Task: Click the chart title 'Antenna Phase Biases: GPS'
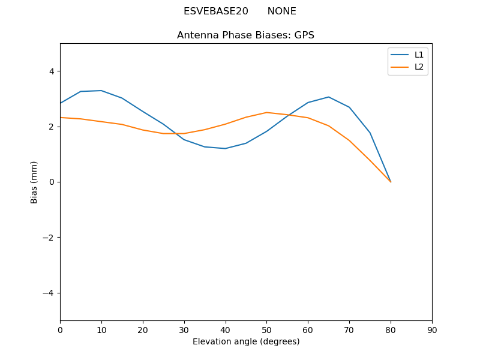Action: [245, 35]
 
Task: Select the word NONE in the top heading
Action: [281, 11]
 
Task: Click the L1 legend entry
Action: [419, 55]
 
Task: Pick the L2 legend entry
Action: [419, 67]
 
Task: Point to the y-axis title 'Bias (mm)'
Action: [34, 182]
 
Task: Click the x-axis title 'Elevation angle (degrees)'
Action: [245, 341]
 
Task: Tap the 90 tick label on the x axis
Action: [431, 329]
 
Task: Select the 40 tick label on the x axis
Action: [225, 329]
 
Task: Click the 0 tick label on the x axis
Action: [60, 329]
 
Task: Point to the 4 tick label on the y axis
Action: [51, 71]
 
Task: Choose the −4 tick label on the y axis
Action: [49, 293]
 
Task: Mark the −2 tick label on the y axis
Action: [49, 238]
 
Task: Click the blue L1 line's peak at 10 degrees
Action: [101, 91]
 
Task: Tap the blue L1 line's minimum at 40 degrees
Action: [225, 148]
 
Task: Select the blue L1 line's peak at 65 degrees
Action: [328, 97]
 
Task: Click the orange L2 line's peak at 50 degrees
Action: [266, 113]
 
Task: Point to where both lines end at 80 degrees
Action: [391, 182]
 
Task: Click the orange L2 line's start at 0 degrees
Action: [61, 118]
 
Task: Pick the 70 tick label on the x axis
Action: [349, 329]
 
